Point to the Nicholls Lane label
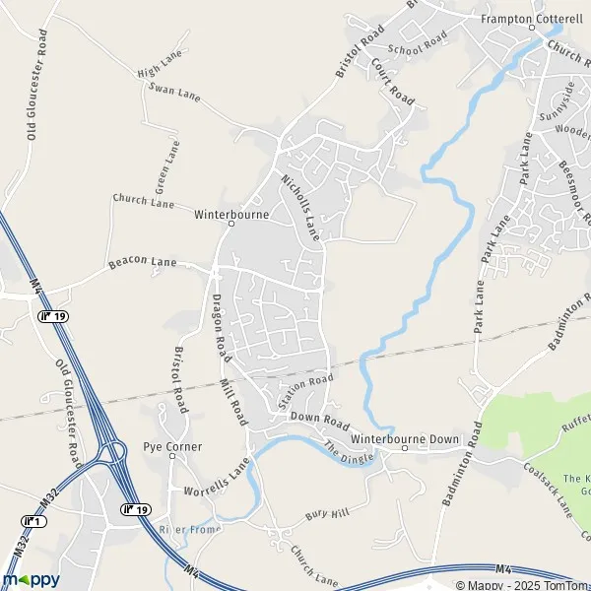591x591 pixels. (x=301, y=208)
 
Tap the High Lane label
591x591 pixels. (x=162, y=66)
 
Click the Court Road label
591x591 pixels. (x=392, y=80)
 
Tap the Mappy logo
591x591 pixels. (x=33, y=578)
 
